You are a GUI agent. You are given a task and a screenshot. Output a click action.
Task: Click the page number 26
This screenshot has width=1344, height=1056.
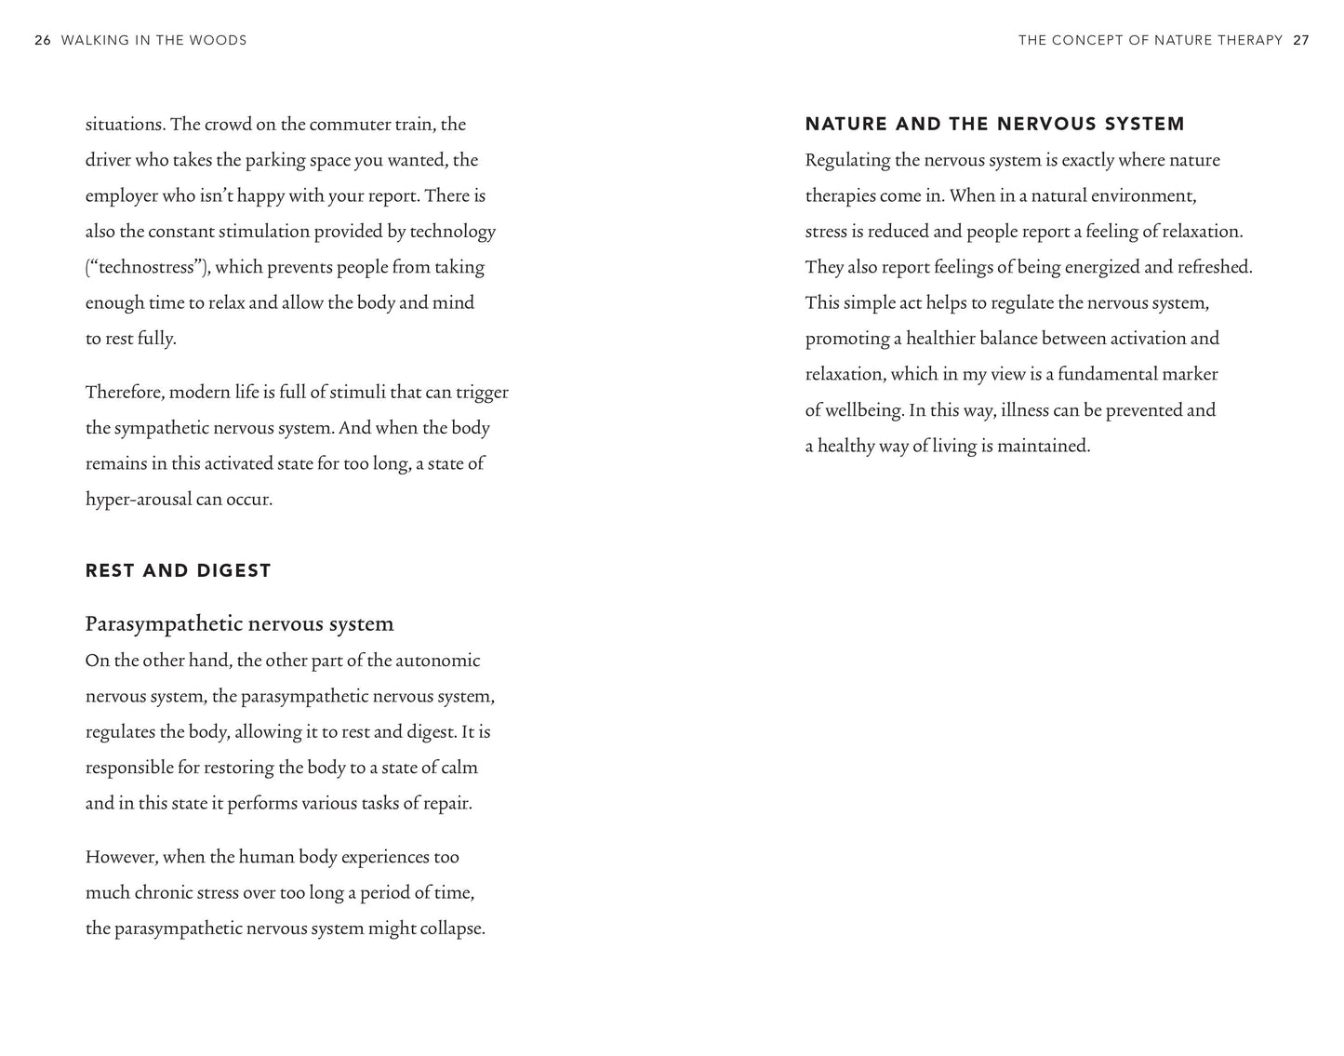tap(42, 40)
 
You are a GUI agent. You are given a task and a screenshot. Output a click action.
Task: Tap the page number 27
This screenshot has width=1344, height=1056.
tap(1300, 40)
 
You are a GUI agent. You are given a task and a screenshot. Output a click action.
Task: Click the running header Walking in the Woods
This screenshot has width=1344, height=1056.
tap(153, 40)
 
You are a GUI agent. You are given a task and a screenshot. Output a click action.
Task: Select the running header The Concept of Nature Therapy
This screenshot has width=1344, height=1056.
tap(1150, 40)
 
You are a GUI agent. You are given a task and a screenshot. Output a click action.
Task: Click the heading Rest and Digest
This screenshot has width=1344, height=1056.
tap(178, 570)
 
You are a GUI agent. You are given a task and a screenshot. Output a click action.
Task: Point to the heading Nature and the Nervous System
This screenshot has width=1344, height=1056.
tap(994, 124)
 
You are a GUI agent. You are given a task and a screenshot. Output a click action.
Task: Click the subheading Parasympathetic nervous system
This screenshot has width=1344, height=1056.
tap(239, 623)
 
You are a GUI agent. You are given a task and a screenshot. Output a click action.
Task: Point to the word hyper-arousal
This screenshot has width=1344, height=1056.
tap(139, 499)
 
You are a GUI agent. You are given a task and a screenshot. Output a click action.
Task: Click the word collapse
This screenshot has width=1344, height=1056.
tap(449, 929)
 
